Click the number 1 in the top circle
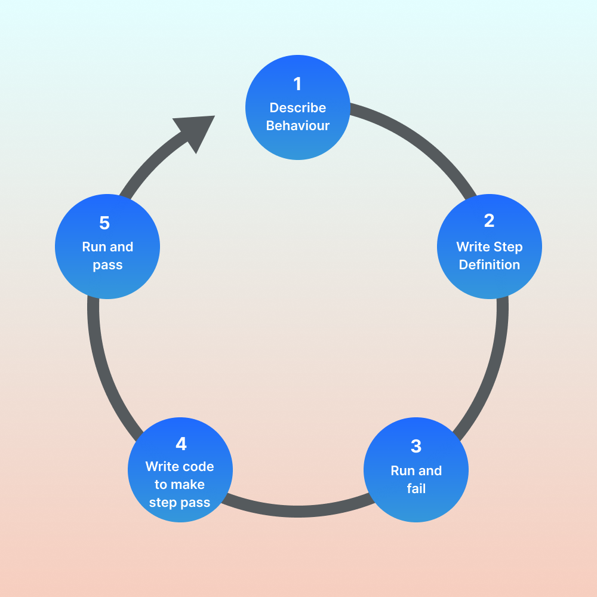point(297,84)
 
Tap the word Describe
point(298,108)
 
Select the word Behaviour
point(298,126)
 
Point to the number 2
point(490,221)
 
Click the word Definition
point(490,264)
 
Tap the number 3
point(416,446)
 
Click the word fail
point(416,489)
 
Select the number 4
point(180,444)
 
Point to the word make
point(188,485)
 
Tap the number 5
point(104,223)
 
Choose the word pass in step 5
point(107,265)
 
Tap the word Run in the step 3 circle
point(403,471)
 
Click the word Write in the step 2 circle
point(472,247)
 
